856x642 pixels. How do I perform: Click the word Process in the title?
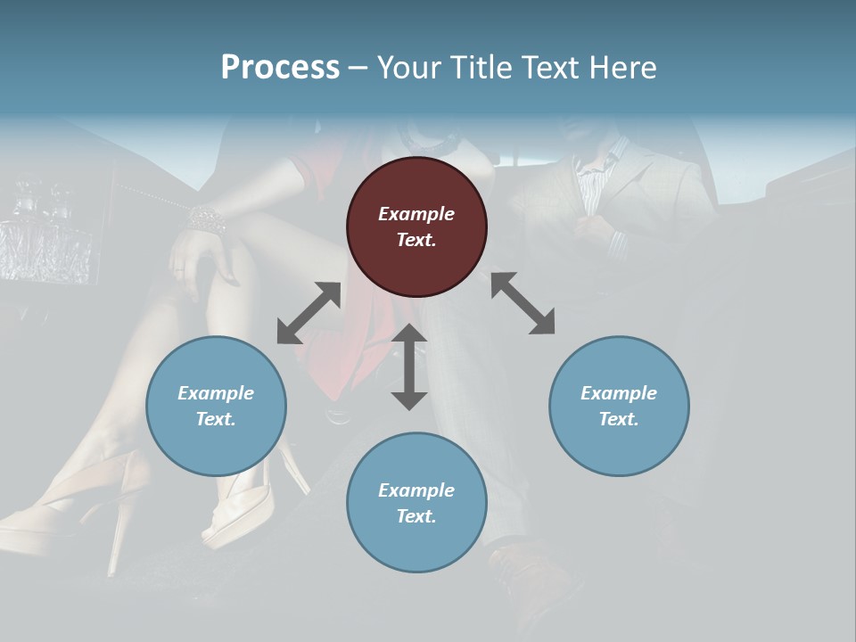pos(280,68)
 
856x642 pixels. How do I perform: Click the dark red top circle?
pos(416,226)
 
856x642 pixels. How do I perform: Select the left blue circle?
pos(216,406)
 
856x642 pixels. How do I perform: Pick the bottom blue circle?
pos(416,503)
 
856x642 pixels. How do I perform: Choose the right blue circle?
pos(619,406)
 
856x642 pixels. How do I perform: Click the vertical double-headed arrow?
pos(409,366)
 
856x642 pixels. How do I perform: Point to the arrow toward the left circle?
pos(309,313)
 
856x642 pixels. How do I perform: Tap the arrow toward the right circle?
pos(523,303)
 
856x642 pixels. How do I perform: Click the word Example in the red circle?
pos(416,214)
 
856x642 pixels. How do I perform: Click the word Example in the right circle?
pos(619,393)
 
